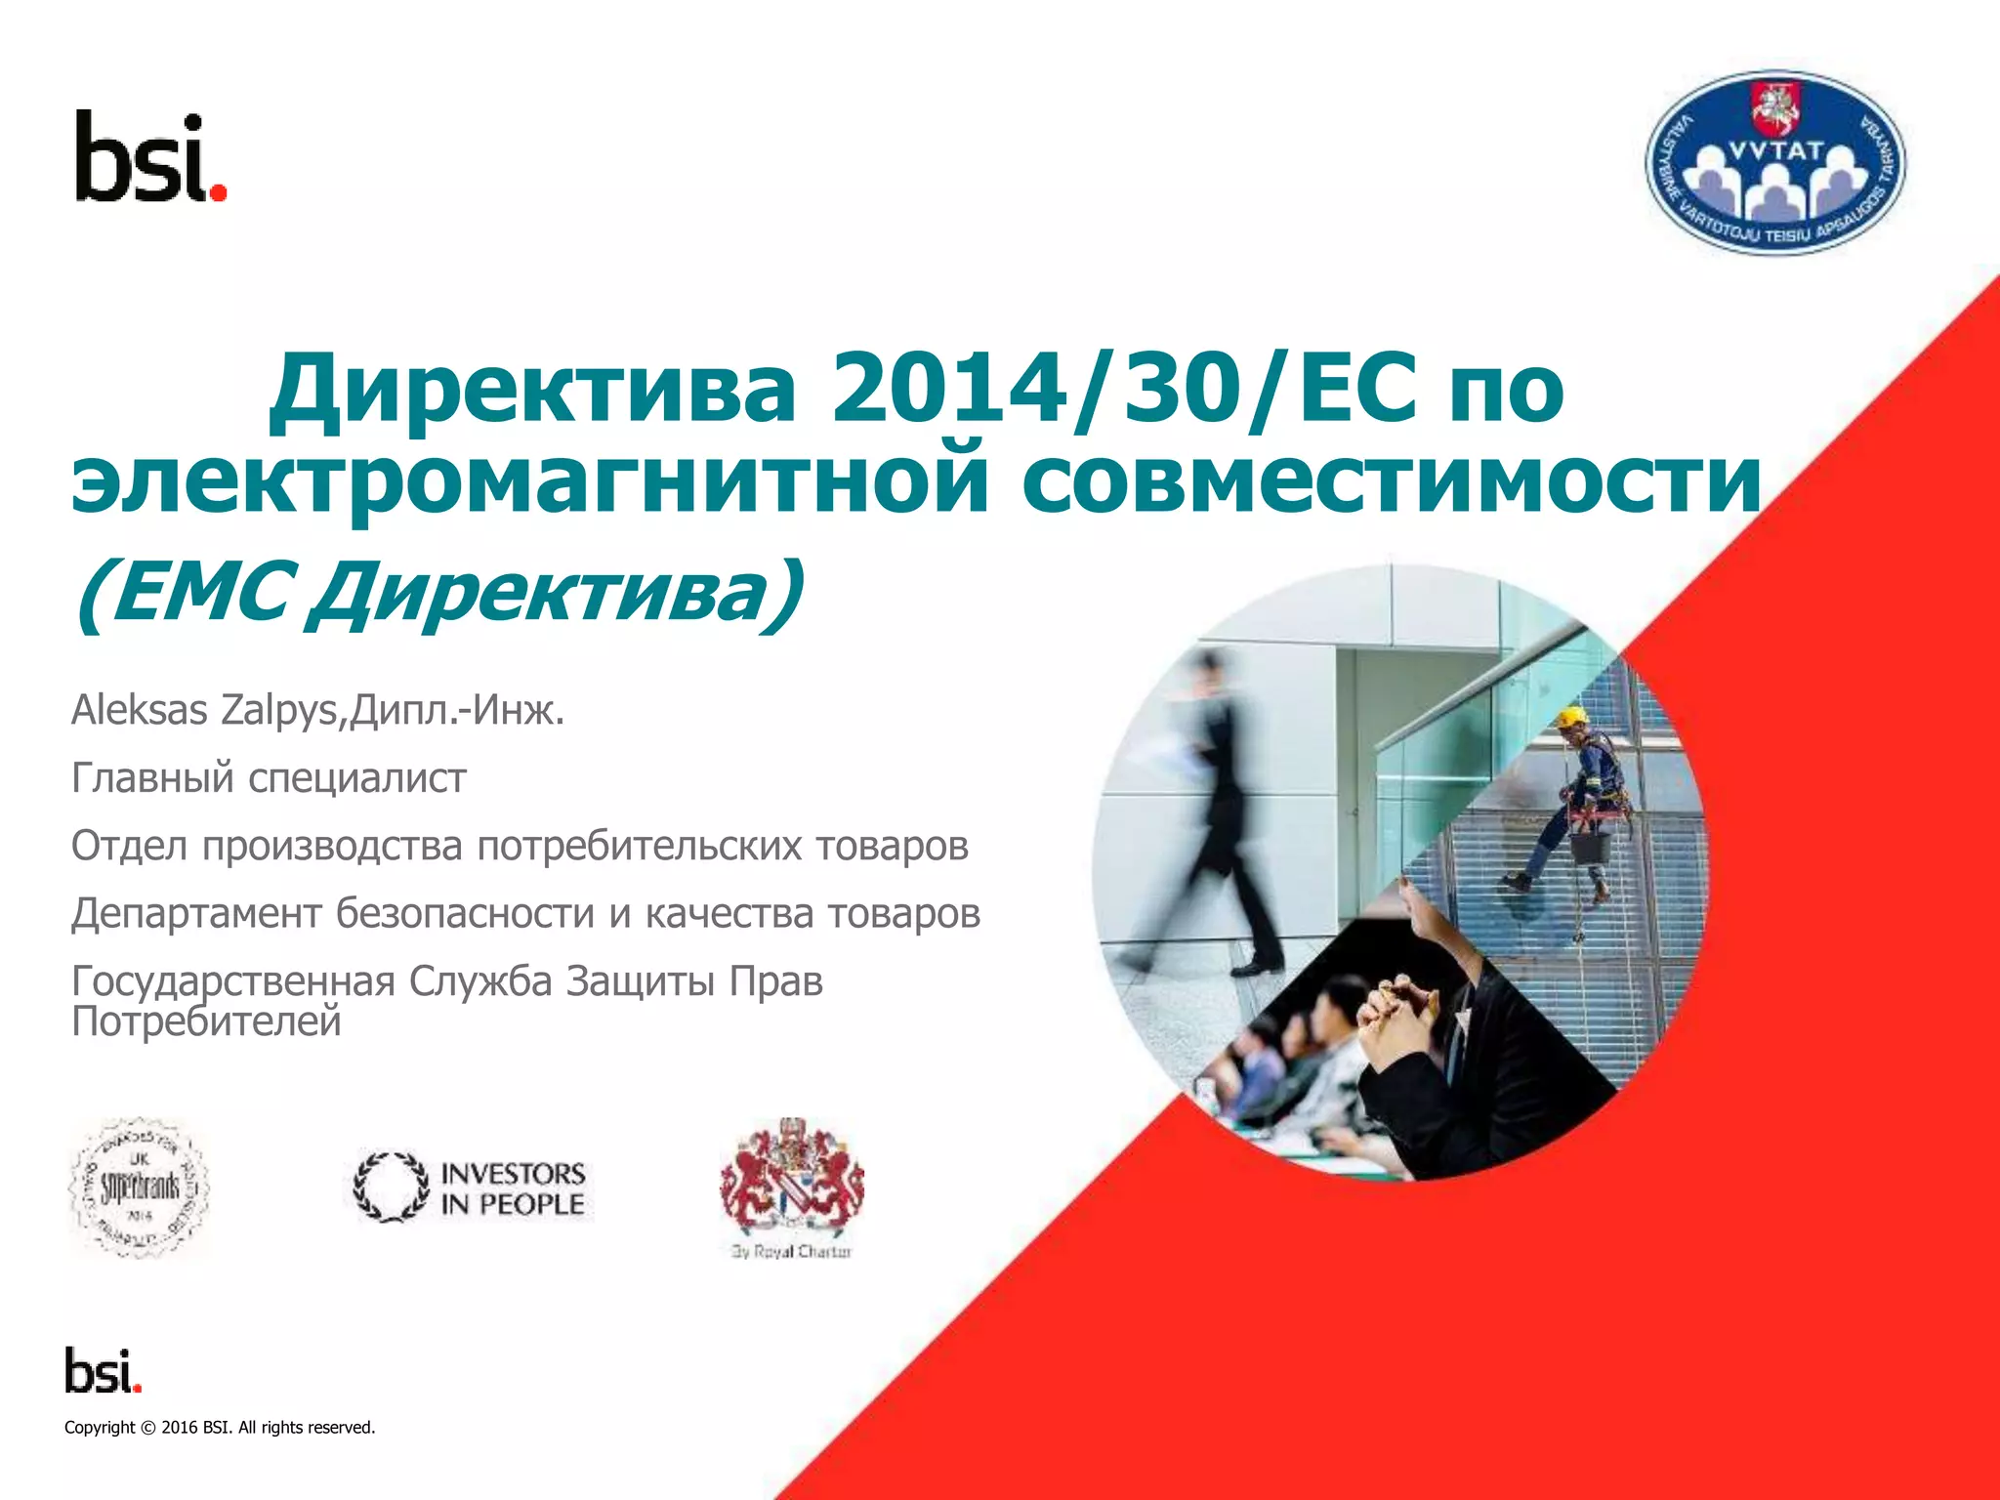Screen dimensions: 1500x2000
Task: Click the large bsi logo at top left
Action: point(150,158)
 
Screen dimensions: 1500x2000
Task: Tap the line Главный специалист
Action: point(269,778)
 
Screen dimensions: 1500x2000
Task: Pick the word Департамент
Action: point(196,913)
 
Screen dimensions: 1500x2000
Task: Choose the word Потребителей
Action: point(206,1021)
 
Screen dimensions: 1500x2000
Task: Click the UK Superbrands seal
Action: point(139,1187)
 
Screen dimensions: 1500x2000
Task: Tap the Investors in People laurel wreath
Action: point(391,1187)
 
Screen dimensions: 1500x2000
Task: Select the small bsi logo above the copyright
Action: point(104,1370)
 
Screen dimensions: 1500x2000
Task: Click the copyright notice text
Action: point(220,1428)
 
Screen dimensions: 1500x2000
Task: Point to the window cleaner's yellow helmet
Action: point(1571,718)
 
